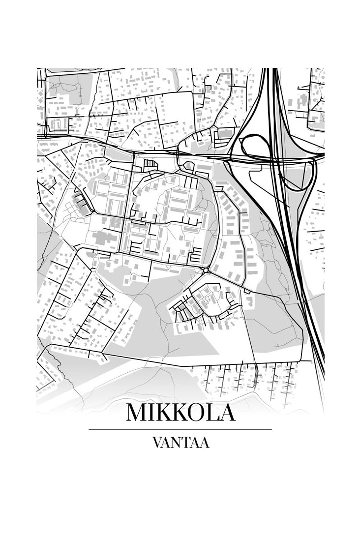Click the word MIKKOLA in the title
point(180,412)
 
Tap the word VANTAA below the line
point(180,443)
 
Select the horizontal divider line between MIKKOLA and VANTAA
point(180,429)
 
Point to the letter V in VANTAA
point(157,443)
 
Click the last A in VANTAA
point(205,443)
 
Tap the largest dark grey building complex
point(103,239)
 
